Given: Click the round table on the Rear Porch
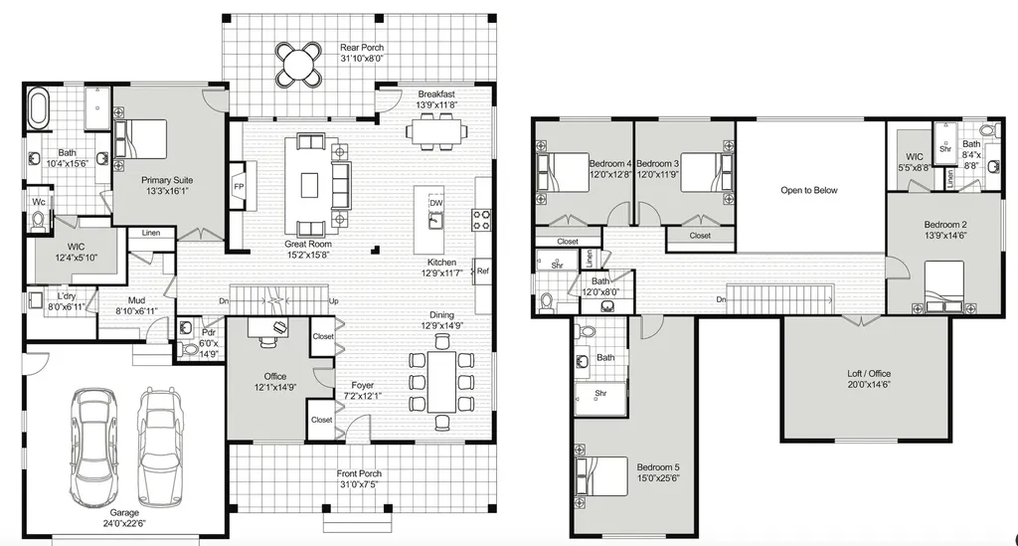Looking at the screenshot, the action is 298,64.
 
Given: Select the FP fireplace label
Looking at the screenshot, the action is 239,186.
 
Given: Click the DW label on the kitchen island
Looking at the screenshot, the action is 435,203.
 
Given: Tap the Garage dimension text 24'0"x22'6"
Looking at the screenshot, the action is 124,523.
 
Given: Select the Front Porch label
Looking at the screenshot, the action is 359,473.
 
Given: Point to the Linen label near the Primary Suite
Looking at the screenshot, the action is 151,233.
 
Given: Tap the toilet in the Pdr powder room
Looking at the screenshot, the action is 189,351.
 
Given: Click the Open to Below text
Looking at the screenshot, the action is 809,190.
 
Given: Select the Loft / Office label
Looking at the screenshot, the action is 869,373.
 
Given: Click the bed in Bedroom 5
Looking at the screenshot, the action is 601,476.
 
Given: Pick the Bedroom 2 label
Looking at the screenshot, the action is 945,225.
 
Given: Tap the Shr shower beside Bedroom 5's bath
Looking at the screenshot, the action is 600,398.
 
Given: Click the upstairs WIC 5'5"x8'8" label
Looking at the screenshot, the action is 915,162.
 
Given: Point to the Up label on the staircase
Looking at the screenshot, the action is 334,301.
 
